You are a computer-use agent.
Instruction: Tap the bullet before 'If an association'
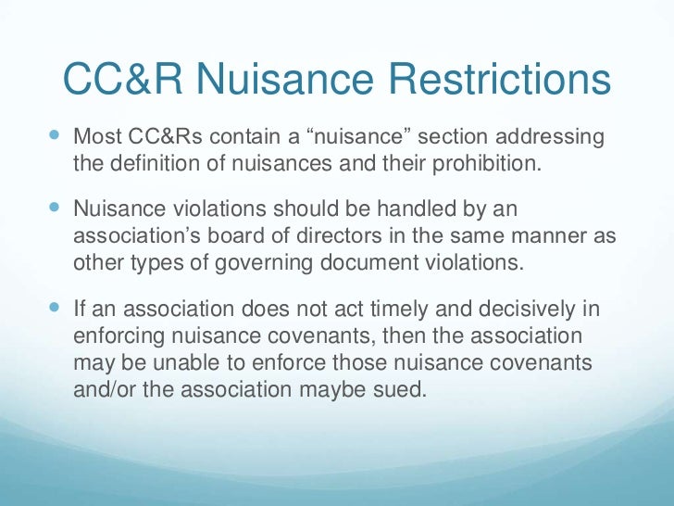52,306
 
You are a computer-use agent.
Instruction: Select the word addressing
553,138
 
